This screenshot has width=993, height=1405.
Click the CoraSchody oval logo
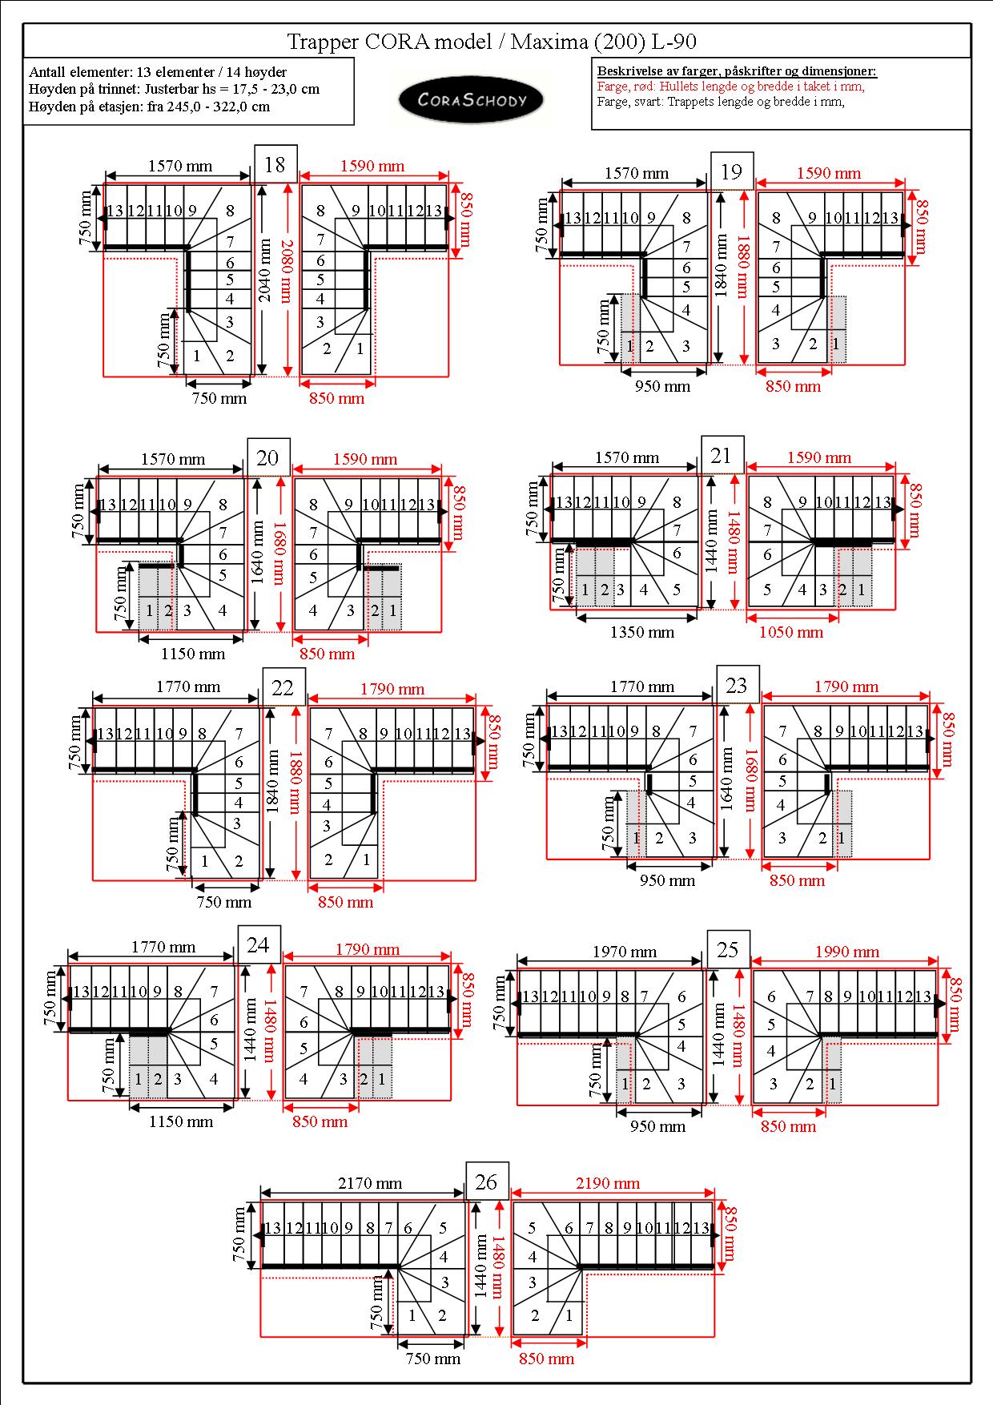472,100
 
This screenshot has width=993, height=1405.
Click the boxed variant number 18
275,164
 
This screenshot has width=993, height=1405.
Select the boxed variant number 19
732,171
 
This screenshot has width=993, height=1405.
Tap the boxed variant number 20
268,457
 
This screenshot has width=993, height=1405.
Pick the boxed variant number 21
722,455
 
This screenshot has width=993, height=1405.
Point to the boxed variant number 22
283,687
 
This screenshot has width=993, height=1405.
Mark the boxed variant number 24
259,944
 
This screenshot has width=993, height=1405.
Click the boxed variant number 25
728,949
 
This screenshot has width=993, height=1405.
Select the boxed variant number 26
487,1182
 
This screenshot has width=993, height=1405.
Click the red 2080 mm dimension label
287,272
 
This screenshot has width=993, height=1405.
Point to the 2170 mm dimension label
370,1182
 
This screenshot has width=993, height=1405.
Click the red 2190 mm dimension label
608,1182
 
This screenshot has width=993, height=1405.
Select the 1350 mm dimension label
642,631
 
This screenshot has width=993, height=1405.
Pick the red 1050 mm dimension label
791,631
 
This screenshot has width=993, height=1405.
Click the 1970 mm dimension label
625,952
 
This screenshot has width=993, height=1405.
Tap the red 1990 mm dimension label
847,952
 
